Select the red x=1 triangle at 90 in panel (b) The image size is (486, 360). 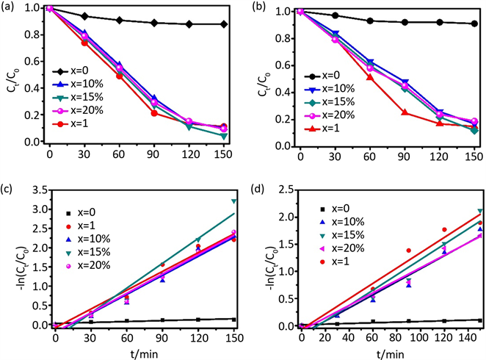(x=405, y=112)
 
